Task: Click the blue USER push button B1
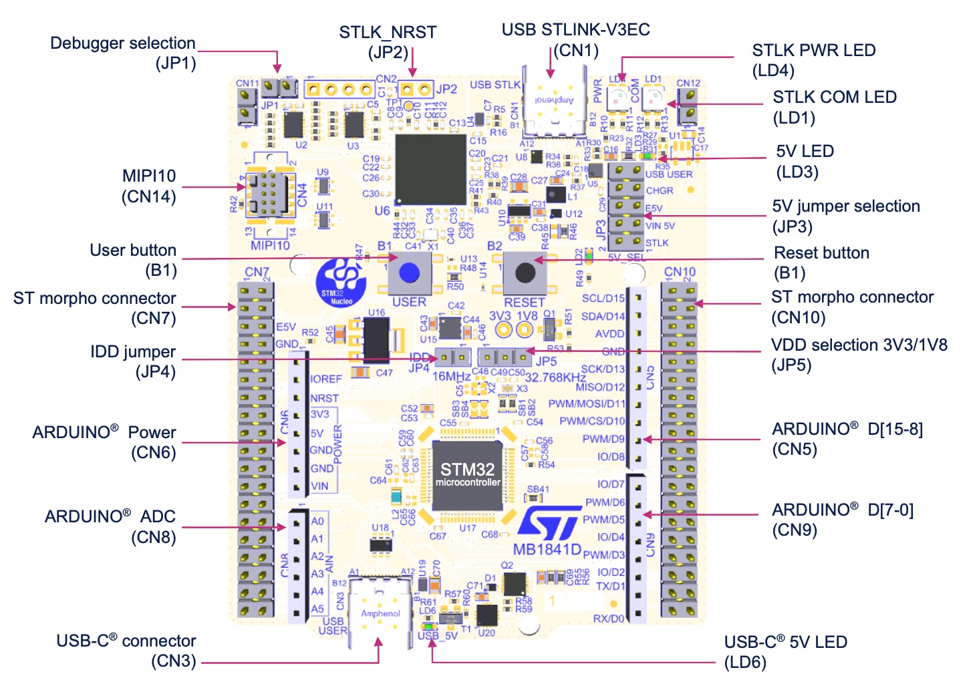408,272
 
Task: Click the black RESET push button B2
525,273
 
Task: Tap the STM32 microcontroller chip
467,475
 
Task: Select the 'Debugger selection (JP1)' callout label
123,53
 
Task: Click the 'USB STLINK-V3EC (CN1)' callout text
575,39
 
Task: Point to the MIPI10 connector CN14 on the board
271,194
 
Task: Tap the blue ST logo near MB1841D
549,523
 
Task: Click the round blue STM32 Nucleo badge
341,283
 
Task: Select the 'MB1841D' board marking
547,550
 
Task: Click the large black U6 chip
430,170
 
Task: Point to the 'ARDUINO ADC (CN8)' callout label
110,526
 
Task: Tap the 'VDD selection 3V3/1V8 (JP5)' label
859,355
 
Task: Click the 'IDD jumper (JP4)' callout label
133,361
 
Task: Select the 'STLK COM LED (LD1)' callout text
834,107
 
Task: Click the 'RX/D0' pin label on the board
608,619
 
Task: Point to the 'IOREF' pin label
326,379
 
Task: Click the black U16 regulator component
376,339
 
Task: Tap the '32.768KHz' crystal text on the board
555,377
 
